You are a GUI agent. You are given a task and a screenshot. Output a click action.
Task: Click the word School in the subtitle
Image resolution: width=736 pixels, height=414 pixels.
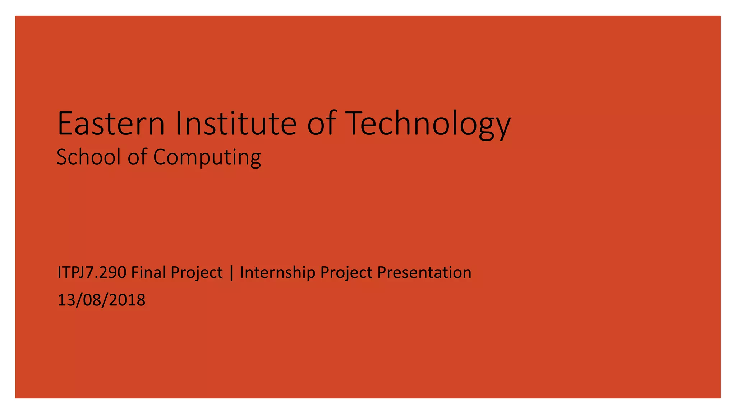pos(88,157)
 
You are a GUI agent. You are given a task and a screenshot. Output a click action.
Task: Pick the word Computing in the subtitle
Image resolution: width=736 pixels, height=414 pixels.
pos(207,157)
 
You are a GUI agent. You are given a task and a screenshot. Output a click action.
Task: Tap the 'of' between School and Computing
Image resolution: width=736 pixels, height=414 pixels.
pos(137,157)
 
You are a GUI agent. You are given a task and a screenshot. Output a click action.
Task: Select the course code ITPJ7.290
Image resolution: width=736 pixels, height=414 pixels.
pos(92,272)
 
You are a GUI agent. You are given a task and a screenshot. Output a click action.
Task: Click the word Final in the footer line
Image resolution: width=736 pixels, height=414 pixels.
pos(148,272)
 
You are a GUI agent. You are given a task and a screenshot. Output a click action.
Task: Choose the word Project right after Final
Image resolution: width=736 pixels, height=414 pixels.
pos(197,272)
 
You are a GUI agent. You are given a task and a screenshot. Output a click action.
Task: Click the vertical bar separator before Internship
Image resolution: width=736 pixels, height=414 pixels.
pos(231,272)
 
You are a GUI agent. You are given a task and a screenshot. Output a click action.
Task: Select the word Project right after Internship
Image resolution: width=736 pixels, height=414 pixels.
pos(346,272)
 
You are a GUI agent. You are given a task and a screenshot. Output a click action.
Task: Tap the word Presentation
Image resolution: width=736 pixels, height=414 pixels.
pos(424,272)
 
